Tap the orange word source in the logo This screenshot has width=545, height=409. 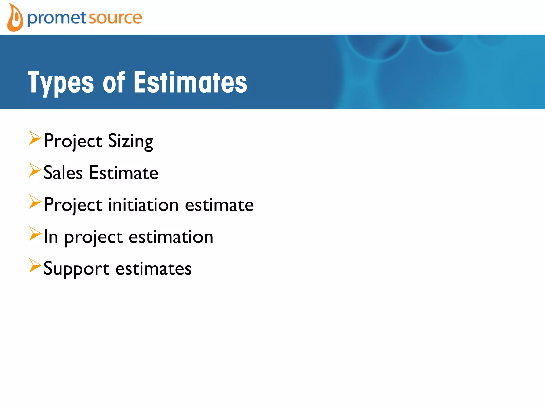pyautogui.click(x=115, y=18)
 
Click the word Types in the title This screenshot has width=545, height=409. pyautogui.click(x=61, y=83)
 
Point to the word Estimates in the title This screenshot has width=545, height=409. pyautogui.click(x=190, y=83)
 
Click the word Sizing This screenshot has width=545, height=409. pyautogui.click(x=130, y=141)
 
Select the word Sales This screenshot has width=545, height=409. pyautogui.click(x=63, y=173)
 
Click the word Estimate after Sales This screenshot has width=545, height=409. pyautogui.click(x=124, y=173)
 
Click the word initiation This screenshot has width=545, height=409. pyautogui.click(x=143, y=205)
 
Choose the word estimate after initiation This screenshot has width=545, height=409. pyautogui.click(x=219, y=205)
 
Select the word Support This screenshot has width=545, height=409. pyautogui.click(x=76, y=269)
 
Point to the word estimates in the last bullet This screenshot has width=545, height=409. pyautogui.click(x=153, y=269)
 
